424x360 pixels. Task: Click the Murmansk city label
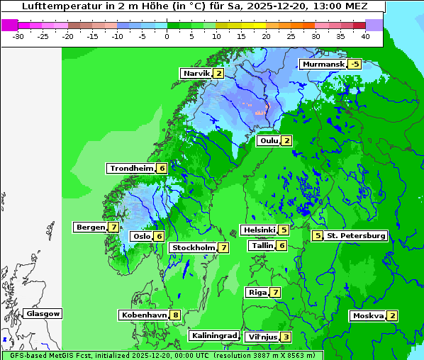[x=324, y=64]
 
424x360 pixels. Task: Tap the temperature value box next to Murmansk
[x=355, y=64]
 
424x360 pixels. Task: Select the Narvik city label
[x=196, y=74]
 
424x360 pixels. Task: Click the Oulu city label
[x=269, y=140]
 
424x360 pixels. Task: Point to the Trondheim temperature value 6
[x=162, y=169]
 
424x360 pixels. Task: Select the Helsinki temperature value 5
[x=284, y=230]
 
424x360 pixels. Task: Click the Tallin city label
[x=262, y=245]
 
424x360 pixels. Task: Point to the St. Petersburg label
[x=356, y=235]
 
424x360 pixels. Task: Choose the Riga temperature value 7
[x=275, y=292]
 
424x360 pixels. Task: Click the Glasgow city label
[x=43, y=314]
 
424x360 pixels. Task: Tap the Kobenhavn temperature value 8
[x=175, y=315]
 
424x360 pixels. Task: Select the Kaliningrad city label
[x=213, y=335]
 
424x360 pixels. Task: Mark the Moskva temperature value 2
[x=392, y=316]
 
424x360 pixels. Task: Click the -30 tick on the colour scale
[x=18, y=35]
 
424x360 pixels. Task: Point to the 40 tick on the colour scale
[x=364, y=35]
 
